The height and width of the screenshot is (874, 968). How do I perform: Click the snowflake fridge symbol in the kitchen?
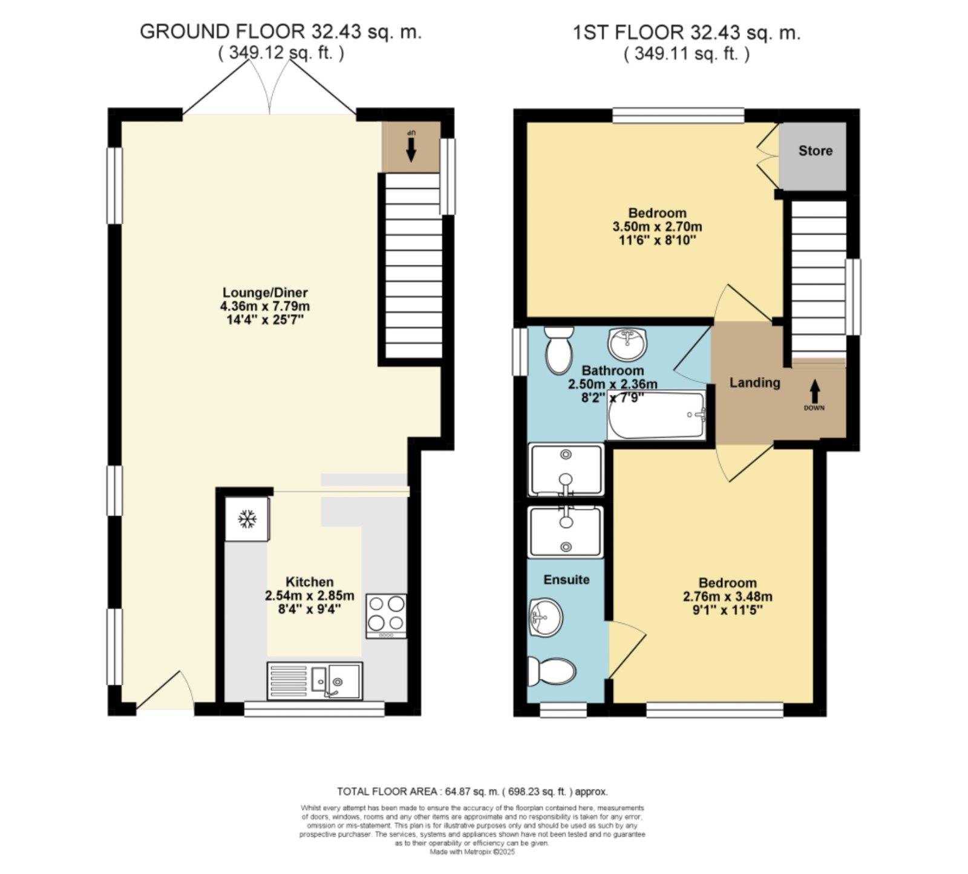tap(246, 518)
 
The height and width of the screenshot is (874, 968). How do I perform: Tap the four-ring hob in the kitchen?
tap(387, 616)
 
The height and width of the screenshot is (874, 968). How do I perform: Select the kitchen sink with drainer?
tap(315, 680)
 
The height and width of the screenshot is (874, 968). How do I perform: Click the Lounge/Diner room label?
tap(265, 293)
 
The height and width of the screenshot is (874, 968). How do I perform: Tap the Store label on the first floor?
tap(815, 151)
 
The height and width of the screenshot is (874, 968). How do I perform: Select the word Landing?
tap(754, 382)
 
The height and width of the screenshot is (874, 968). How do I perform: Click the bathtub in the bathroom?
tap(656, 416)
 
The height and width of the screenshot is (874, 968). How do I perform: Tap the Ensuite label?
tap(566, 579)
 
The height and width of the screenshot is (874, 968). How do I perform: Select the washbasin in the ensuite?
tap(545, 618)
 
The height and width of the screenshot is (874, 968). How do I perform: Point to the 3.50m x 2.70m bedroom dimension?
tap(657, 227)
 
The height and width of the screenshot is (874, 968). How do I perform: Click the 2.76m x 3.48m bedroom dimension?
tap(727, 596)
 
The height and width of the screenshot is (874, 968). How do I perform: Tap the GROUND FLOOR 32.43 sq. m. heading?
tap(281, 31)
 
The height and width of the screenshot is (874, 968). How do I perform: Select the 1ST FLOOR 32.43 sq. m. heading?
tap(687, 32)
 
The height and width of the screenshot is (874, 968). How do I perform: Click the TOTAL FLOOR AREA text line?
tap(472, 791)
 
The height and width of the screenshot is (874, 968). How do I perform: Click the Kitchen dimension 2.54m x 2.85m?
tap(310, 595)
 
